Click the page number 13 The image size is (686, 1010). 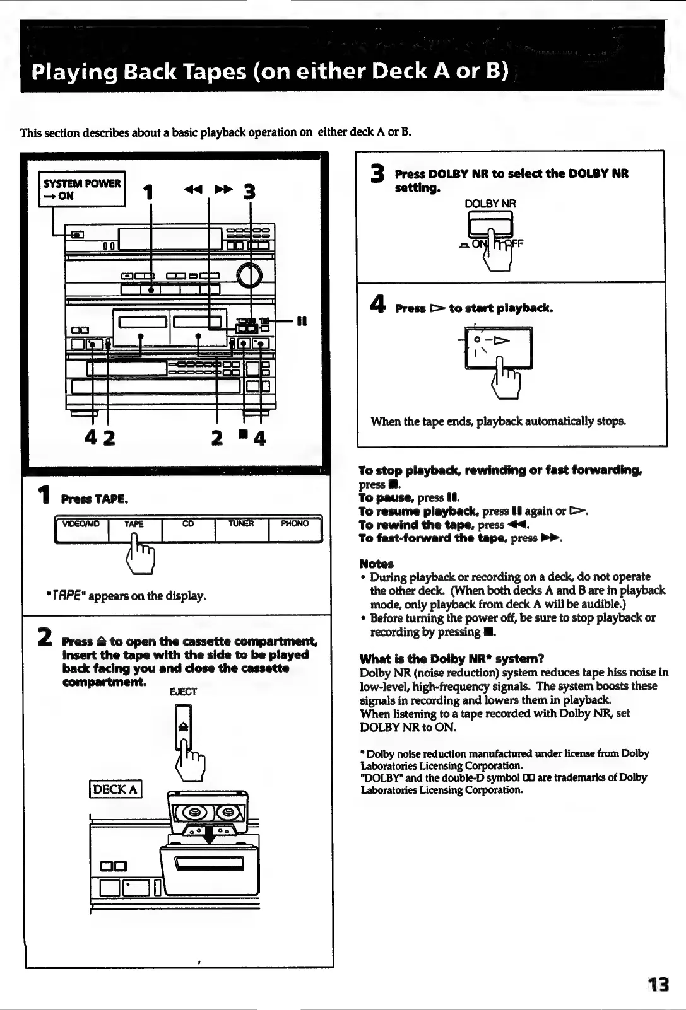658,984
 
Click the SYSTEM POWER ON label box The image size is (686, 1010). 82,189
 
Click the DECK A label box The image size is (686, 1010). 115,789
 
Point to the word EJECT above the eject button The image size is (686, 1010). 184,692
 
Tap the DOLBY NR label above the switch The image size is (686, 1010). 490,204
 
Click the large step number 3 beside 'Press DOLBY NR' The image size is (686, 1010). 377,174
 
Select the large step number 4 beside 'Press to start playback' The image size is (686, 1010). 377,306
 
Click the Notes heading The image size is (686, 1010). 376,564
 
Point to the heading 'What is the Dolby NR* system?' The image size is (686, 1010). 451,659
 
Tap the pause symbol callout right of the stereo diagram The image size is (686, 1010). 301,321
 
